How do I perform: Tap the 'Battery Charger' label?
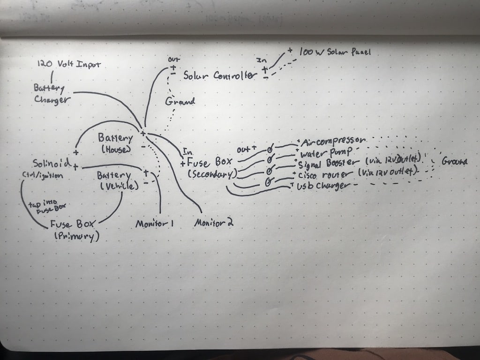point(52,94)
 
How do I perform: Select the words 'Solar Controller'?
point(220,75)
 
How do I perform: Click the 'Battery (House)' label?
point(115,142)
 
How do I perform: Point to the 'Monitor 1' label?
point(155,224)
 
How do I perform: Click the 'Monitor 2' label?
point(214,223)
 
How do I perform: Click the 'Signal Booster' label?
point(329,165)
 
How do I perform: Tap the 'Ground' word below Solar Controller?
point(180,101)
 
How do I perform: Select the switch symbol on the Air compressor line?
point(270,149)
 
